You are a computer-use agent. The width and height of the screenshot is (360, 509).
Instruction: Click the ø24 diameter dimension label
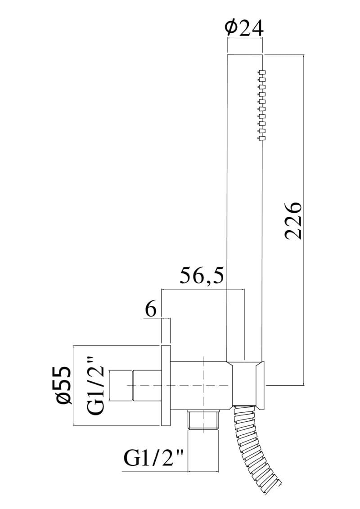244,29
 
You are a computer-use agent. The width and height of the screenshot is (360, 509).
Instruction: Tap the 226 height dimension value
293,220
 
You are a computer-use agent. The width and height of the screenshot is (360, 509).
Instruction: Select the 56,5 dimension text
202,276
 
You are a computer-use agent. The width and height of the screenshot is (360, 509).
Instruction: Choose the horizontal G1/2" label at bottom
154,458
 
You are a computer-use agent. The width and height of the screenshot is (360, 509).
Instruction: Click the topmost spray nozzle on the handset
262,72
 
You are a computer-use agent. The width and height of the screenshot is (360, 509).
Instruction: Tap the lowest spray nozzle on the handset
262,138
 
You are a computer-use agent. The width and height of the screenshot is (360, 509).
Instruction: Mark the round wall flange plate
166,385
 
